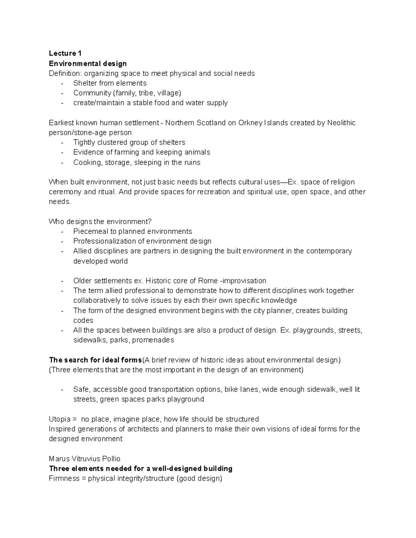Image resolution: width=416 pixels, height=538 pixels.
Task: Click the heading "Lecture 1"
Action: pos(65,53)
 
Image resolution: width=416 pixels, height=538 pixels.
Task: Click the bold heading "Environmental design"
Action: pos(88,63)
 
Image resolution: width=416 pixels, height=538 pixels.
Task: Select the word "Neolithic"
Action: pos(341,123)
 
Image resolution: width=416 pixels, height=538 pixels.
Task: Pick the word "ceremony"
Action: pos(65,192)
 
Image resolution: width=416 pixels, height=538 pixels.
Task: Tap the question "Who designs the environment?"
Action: pos(100,222)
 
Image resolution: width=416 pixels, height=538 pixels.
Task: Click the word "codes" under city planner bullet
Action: pos(83,320)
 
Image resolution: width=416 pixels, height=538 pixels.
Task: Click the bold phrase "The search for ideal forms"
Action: pos(95,360)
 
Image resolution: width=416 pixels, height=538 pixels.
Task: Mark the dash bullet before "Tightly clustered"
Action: pos(62,143)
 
